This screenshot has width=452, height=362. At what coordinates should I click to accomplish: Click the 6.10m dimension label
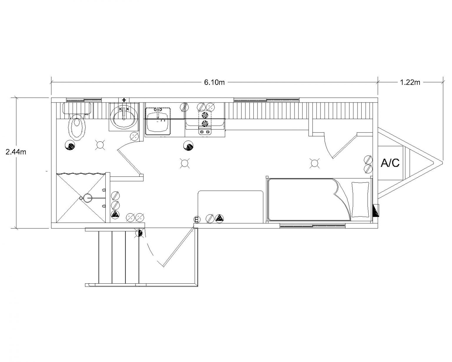214,82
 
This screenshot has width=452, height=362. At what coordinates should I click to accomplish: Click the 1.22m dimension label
410,82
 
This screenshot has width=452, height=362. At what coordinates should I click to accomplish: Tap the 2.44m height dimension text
16,152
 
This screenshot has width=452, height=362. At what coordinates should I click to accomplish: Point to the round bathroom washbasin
124,118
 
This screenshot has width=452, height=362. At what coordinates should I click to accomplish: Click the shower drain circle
88,198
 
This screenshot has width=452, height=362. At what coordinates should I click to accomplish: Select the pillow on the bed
361,200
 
